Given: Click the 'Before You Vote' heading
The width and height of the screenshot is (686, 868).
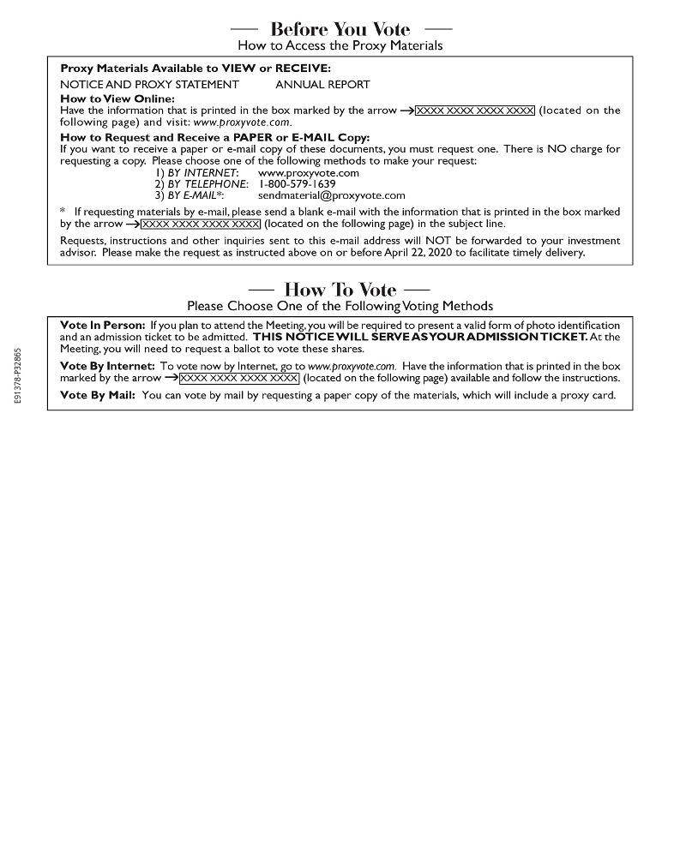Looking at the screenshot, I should pyautogui.click(x=340, y=30).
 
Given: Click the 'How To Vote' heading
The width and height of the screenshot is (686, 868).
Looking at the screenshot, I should pyautogui.click(x=340, y=290).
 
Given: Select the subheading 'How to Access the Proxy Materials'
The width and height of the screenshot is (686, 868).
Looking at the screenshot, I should pyautogui.click(x=340, y=45).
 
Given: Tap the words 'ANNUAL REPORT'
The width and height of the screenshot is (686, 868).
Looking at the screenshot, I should pyautogui.click(x=322, y=84).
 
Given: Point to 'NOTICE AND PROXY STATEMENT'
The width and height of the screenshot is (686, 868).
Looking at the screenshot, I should pyautogui.click(x=149, y=84).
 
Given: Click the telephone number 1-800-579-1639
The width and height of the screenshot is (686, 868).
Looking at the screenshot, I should pyautogui.click(x=297, y=183).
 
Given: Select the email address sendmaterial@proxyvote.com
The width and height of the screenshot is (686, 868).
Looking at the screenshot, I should pyautogui.click(x=331, y=195).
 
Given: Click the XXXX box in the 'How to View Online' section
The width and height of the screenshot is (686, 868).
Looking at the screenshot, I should pyautogui.click(x=474, y=111).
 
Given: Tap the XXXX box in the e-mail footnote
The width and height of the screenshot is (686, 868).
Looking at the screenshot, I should pyautogui.click(x=200, y=224).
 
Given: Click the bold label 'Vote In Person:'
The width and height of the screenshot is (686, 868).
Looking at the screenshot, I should pyautogui.click(x=103, y=326).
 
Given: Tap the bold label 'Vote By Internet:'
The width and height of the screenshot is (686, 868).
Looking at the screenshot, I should pyautogui.click(x=108, y=366).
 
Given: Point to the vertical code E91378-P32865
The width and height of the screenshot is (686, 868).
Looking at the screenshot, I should pyautogui.click(x=18, y=380).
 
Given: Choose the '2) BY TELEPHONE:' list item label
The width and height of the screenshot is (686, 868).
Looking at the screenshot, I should pyautogui.click(x=202, y=183).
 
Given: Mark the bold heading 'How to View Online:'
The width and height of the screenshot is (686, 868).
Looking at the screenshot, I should pyautogui.click(x=117, y=99).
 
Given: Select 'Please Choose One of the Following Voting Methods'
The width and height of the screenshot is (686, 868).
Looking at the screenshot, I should pyautogui.click(x=340, y=306).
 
